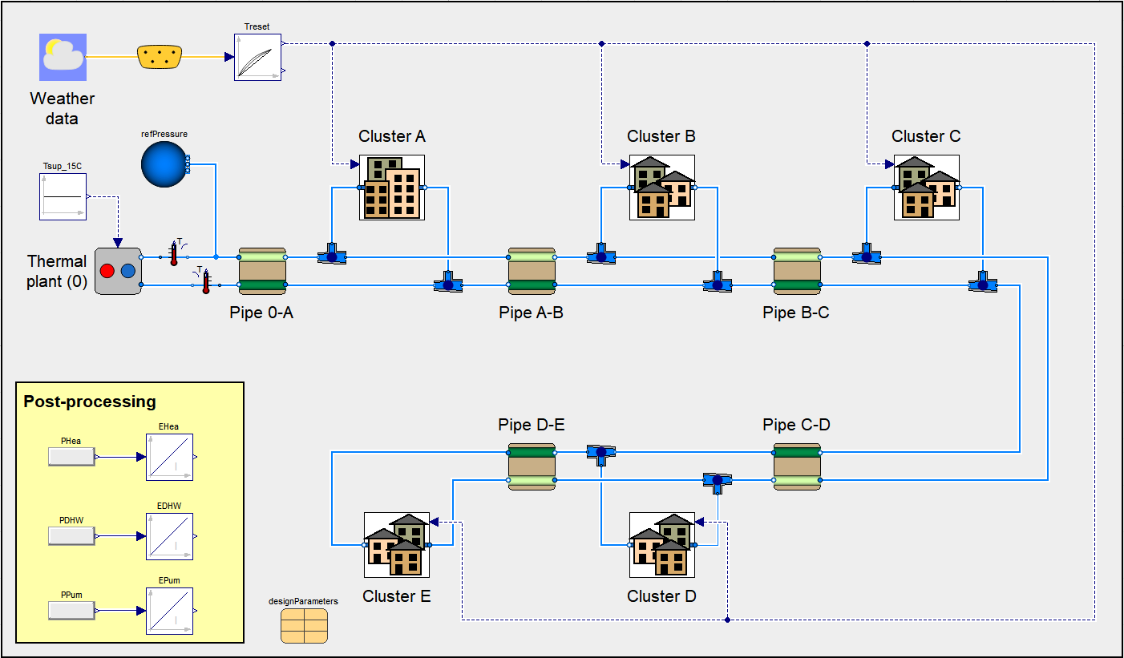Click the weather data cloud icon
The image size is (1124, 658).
click(x=63, y=57)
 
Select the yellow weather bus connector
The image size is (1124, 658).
click(x=160, y=57)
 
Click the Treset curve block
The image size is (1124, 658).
click(x=257, y=56)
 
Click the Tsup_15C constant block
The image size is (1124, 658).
click(x=63, y=196)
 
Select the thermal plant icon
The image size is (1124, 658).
click(x=117, y=271)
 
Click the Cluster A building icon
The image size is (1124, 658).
click(x=391, y=188)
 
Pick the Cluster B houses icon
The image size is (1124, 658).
click(x=661, y=188)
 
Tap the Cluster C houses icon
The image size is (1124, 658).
click(x=926, y=188)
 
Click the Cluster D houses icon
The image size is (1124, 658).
click(x=661, y=545)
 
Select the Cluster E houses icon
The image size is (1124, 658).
click(x=397, y=545)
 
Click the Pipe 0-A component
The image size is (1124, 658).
click(x=262, y=271)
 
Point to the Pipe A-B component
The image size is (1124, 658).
click(x=532, y=271)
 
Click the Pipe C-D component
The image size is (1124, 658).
click(x=797, y=466)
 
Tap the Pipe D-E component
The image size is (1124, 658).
click(x=532, y=466)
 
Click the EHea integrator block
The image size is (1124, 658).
click(x=169, y=457)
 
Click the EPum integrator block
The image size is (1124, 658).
click(x=169, y=612)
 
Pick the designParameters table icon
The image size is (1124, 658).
click(x=304, y=625)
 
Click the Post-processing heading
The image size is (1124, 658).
click(x=90, y=402)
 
